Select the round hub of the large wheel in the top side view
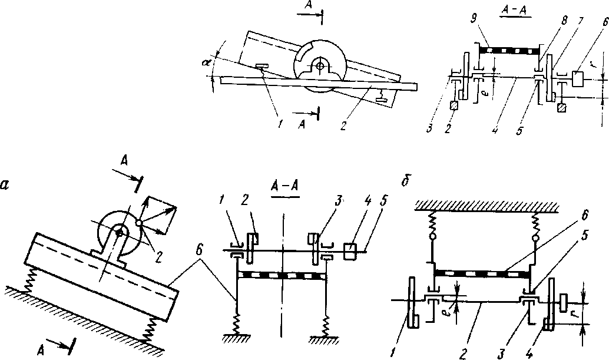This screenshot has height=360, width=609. pos(320,66)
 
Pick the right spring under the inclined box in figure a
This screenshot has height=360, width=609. pos(155,326)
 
